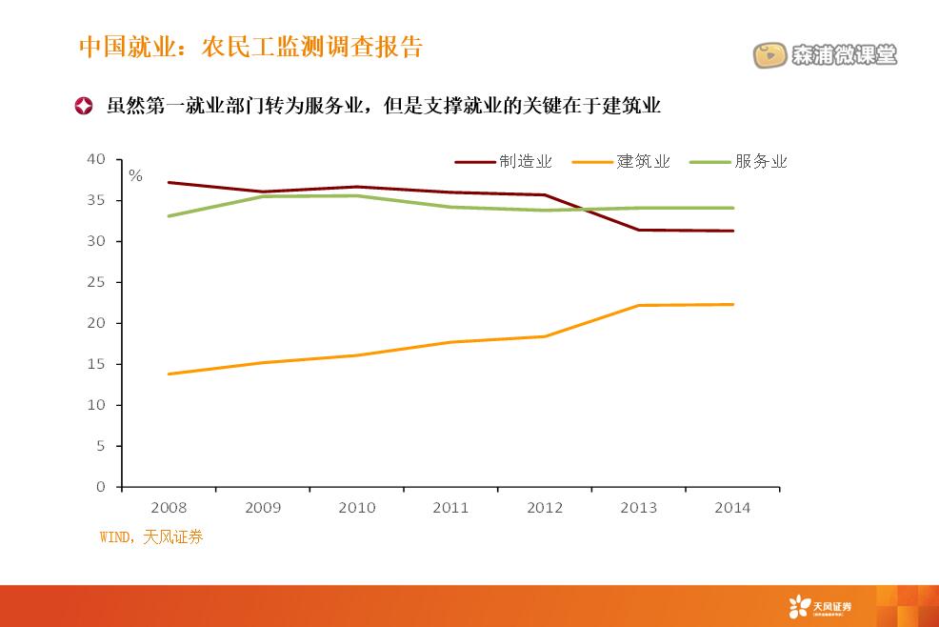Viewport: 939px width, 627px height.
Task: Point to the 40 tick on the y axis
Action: [96, 159]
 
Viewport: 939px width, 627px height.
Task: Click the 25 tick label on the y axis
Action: [96, 282]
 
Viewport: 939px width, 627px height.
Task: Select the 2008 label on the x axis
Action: [169, 508]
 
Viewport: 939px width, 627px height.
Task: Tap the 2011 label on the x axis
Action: [450, 508]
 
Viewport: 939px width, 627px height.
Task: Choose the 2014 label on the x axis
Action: [732, 508]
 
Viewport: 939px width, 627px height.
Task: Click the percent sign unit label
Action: [135, 176]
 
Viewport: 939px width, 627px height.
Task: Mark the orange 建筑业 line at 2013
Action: [638, 305]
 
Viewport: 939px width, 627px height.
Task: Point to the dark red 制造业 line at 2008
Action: [169, 182]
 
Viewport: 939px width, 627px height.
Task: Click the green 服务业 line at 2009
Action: [263, 196]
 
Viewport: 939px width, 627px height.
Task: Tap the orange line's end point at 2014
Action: [732, 304]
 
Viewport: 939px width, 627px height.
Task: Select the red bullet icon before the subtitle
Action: [85, 105]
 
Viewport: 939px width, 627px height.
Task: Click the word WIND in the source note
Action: [117, 537]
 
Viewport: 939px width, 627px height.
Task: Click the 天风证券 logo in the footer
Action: [820, 605]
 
